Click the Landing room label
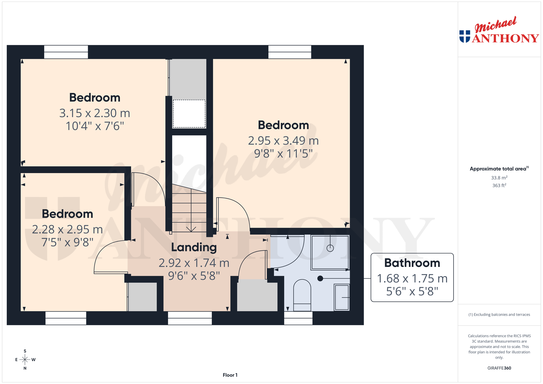pyautogui.click(x=194, y=247)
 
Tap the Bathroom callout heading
pyautogui.click(x=412, y=263)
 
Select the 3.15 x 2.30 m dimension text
pyautogui.click(x=95, y=113)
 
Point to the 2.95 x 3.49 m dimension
pyautogui.click(x=283, y=141)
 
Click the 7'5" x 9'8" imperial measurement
pyautogui.click(x=67, y=242)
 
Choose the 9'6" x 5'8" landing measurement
pyautogui.click(x=194, y=276)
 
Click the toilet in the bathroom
pyautogui.click(x=302, y=295)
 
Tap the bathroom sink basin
pyautogui.click(x=342, y=297)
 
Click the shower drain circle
pyautogui.click(x=330, y=248)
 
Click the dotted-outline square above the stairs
pyautogui.click(x=189, y=114)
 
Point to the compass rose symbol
pyautogui.click(x=25, y=359)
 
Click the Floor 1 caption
pyautogui.click(x=230, y=375)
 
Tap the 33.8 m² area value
pyautogui.click(x=499, y=178)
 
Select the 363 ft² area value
pyautogui.click(x=499, y=185)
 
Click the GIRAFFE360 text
pyautogui.click(x=499, y=368)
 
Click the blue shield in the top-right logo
pyautogui.click(x=465, y=36)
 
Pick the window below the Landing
pyautogui.click(x=190, y=318)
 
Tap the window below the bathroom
pyautogui.click(x=298, y=318)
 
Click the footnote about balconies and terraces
pyautogui.click(x=499, y=315)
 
